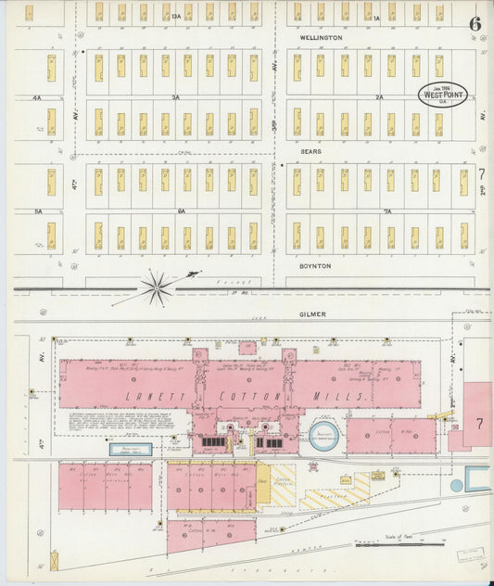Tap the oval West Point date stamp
pos(443,95)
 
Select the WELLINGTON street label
pos(321,38)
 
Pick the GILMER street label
pos(313,315)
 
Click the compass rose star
pos(156,287)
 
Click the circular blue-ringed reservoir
pos(323,439)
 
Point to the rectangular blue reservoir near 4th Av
pos(131,449)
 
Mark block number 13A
pos(176,17)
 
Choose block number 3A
pos(174,96)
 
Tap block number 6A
pos(180,211)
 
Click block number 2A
pos(379,96)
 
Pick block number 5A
pos(38,211)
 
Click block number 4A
pos(36,96)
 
